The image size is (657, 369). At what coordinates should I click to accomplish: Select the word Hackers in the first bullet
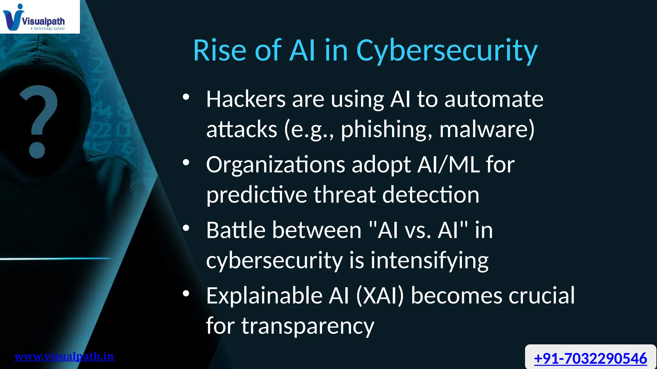246,99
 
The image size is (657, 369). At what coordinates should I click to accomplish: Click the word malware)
487,130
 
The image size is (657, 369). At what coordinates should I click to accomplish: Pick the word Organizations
276,165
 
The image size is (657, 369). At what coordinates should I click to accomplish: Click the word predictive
257,195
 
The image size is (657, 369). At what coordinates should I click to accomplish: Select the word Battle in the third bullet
236,230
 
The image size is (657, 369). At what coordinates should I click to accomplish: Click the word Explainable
264,296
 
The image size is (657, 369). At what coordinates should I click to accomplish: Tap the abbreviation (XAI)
380,296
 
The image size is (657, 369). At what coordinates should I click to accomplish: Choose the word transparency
308,326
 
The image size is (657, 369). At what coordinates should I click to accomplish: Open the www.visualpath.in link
64,356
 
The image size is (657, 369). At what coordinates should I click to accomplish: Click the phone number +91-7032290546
590,358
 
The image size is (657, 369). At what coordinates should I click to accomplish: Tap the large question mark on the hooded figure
38,122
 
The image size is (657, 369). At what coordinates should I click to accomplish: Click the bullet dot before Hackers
186,97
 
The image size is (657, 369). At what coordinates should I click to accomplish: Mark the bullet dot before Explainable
186,293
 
